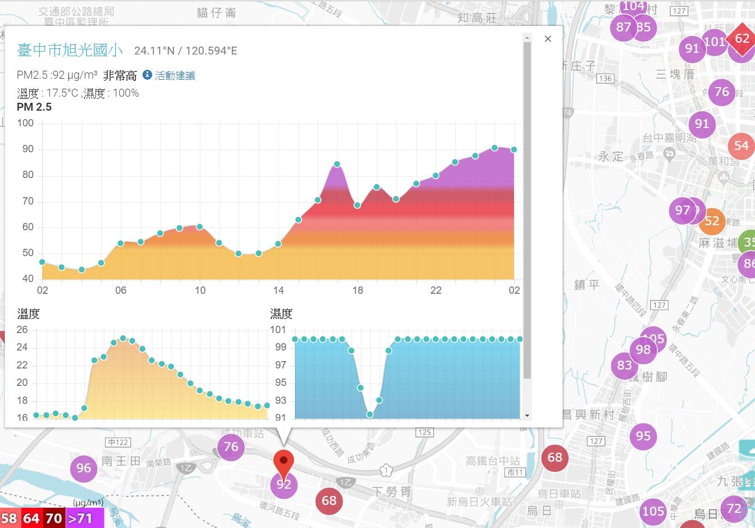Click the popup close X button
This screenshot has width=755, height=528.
548,39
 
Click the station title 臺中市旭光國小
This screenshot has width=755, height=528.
70,51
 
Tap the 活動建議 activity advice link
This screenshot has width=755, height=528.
174,75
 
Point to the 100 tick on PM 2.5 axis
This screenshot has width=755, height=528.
25,123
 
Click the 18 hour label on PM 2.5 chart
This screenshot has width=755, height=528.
358,290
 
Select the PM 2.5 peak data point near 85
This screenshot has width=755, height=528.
337,165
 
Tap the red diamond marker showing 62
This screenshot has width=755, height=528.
742,39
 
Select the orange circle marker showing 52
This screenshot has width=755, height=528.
712,221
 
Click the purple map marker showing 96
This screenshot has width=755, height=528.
84,468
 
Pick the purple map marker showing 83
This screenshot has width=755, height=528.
625,366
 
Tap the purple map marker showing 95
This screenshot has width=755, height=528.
643,436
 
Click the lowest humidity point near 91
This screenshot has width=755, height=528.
370,415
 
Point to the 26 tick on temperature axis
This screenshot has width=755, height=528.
22,330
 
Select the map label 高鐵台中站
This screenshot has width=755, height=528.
493,461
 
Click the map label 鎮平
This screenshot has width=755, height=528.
586,285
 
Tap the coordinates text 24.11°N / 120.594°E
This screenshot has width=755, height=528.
185,51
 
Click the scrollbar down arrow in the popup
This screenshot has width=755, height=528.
527,416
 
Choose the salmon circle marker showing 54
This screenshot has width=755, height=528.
742,146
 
